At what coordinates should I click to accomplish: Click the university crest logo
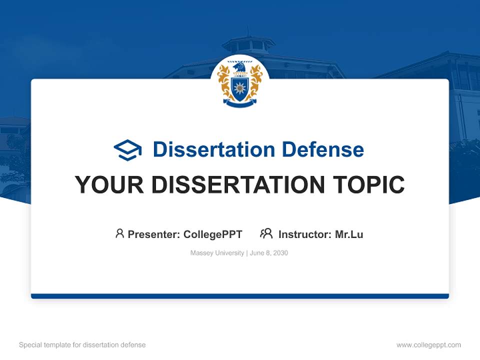[x=240, y=83]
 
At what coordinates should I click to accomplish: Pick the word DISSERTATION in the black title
[x=237, y=184]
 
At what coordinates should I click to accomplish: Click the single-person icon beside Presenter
[x=119, y=233]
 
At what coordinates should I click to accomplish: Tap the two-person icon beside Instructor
[x=266, y=233]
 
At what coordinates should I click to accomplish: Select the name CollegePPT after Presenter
[x=212, y=234]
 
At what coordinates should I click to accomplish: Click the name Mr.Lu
[x=349, y=234]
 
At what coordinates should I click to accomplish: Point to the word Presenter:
[x=154, y=234]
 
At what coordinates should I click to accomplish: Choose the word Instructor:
[x=304, y=234]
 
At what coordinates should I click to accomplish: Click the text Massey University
[x=217, y=253]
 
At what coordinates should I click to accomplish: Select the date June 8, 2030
[x=269, y=253]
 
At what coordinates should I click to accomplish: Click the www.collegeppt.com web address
[x=428, y=345]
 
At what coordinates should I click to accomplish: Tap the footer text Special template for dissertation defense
[x=82, y=345]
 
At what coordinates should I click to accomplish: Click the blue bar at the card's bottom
[x=240, y=296]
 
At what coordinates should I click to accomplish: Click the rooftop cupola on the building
[x=248, y=44]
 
